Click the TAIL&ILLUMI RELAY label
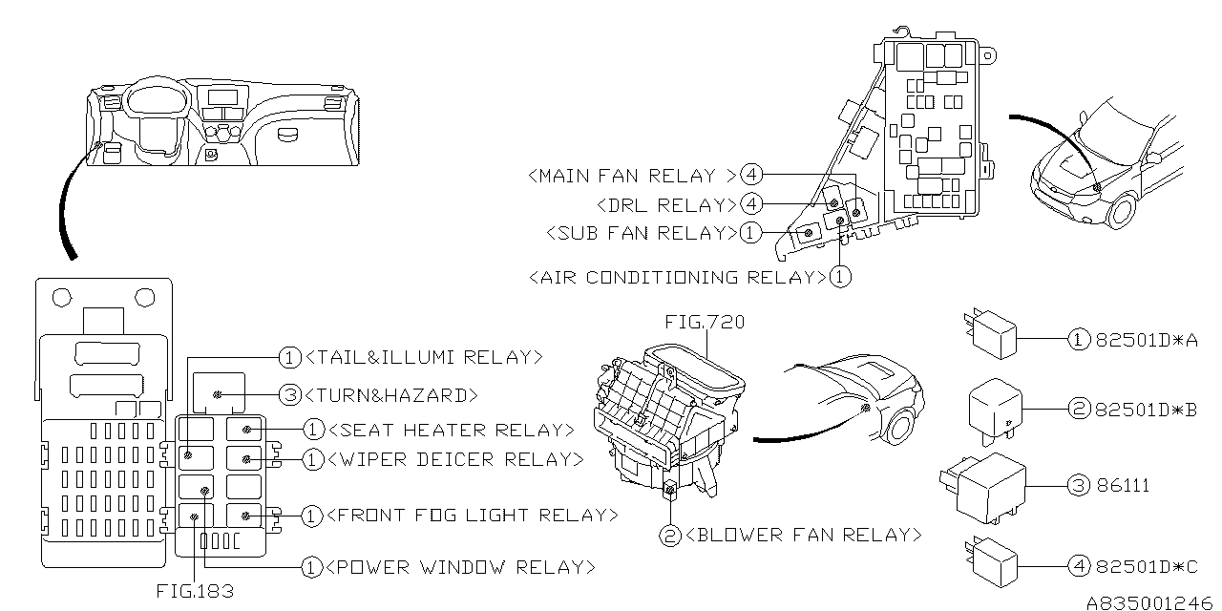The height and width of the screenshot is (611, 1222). click(x=424, y=358)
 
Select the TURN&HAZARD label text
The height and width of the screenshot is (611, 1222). click(x=392, y=394)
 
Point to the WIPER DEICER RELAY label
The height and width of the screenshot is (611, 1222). click(x=455, y=459)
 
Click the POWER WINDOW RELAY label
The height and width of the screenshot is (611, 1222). click(x=460, y=567)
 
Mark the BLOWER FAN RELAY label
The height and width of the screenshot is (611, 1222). click(x=804, y=536)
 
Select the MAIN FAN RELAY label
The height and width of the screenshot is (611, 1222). click(x=631, y=176)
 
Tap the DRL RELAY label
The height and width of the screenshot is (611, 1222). click(x=665, y=204)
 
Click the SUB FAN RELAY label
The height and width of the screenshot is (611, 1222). click(x=641, y=232)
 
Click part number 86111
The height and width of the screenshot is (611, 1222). click(x=1123, y=486)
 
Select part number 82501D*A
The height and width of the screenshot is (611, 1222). click(x=1146, y=339)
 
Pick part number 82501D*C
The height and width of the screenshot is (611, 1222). click(x=1146, y=567)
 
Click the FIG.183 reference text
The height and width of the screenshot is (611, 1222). click(x=195, y=591)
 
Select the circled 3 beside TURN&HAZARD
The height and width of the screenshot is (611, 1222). click(x=289, y=394)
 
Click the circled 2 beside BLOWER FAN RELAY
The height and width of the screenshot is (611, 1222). click(x=671, y=536)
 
